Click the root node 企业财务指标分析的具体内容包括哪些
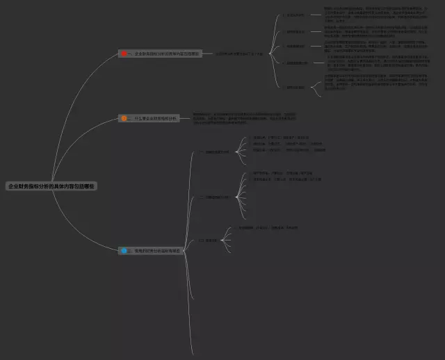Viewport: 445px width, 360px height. point(51,186)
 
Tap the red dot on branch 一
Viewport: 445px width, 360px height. point(124,54)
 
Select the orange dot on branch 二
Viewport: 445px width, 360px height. point(124,119)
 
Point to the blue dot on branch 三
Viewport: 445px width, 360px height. point(124,250)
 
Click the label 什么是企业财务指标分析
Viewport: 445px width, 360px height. point(152,119)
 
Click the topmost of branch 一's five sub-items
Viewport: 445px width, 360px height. point(296,15)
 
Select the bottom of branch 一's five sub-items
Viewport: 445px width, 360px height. point(296,87)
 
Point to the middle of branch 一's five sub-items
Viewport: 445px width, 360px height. point(296,47)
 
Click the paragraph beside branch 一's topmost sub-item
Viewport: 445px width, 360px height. point(375,15)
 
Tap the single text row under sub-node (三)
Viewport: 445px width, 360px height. point(264,227)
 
